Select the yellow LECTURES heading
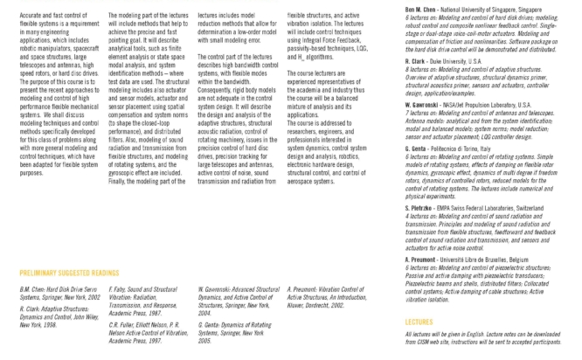(x=418, y=322)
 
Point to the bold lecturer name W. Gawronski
(x=425, y=103)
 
